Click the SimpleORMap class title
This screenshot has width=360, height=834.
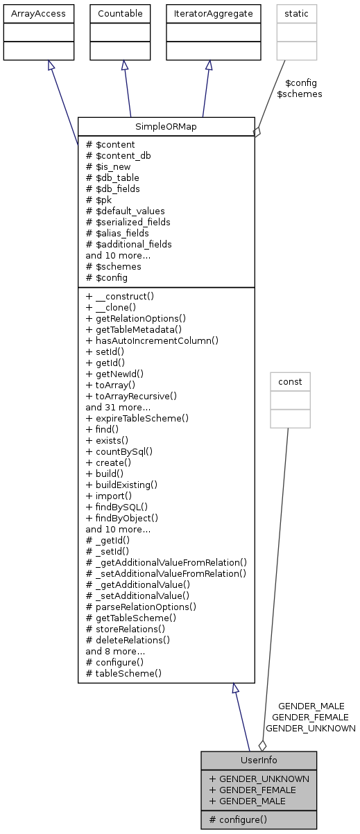pos(166,126)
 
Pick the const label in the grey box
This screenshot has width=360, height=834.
pos(290,381)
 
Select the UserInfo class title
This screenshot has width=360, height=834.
pos(259,761)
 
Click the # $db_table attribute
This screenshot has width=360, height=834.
pos(112,177)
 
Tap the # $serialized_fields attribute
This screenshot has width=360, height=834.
pos(128,222)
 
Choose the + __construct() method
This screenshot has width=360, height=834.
pos(120,295)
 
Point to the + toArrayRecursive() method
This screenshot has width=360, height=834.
pos(131,395)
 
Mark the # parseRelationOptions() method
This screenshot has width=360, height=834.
pos(141,607)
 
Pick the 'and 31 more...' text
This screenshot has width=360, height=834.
pos(115,407)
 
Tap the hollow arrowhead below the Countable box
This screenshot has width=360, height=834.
pos(123,64)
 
